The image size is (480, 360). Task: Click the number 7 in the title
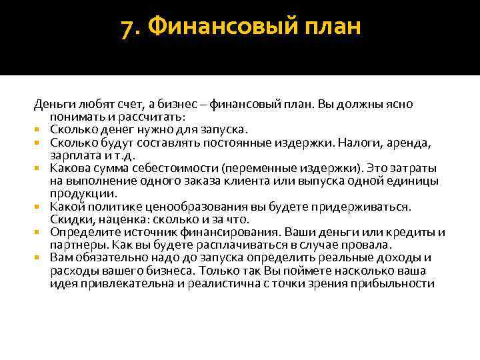(x=127, y=29)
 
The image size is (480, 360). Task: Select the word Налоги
(x=359, y=143)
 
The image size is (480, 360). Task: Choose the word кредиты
(x=413, y=232)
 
